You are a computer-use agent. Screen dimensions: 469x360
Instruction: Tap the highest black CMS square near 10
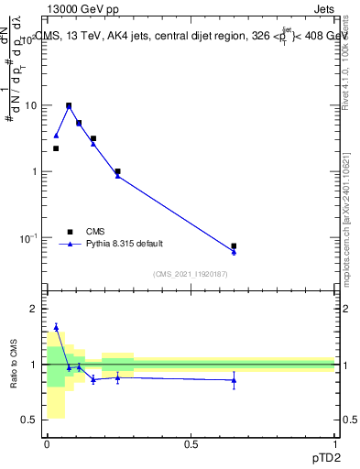(68, 105)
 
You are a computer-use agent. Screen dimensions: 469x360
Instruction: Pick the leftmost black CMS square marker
(56, 148)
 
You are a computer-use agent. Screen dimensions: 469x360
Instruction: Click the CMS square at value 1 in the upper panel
(117, 171)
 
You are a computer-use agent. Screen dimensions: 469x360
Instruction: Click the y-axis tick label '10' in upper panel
(30, 105)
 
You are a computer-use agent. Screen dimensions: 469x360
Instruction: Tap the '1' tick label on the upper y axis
(34, 172)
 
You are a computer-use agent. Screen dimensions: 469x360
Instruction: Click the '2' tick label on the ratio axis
(34, 310)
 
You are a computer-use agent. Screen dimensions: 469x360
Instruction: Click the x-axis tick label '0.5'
(191, 444)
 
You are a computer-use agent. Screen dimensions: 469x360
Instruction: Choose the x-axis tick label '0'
(46, 444)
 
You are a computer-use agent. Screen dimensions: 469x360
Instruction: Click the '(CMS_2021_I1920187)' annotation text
(191, 274)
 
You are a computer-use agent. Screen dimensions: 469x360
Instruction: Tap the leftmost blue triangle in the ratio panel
(56, 327)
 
